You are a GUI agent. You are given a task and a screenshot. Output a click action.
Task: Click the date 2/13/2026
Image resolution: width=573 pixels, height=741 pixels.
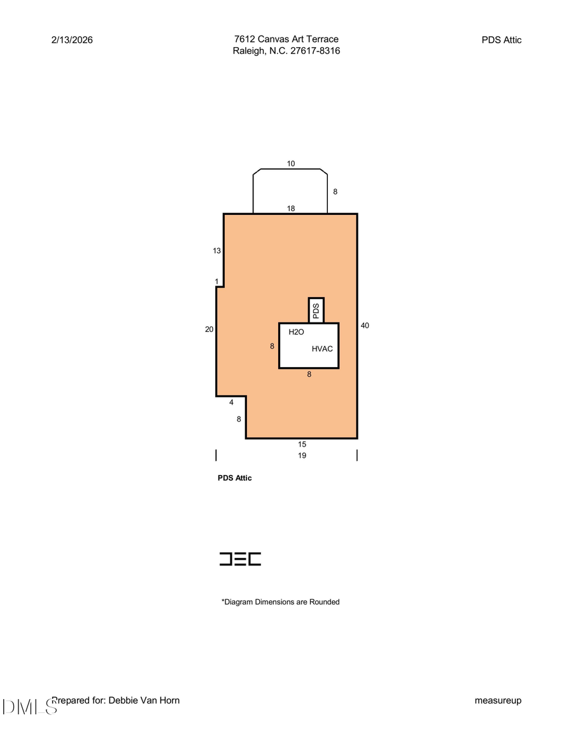click(x=72, y=39)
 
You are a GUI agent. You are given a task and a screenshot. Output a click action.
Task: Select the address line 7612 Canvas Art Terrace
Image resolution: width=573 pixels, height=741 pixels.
click(x=286, y=39)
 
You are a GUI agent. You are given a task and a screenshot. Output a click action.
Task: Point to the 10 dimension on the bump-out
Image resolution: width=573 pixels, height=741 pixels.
click(x=291, y=163)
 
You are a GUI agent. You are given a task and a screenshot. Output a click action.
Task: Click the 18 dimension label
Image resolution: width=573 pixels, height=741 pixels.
click(x=291, y=208)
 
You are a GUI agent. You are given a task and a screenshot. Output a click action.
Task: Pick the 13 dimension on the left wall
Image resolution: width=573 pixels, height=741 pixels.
click(x=217, y=251)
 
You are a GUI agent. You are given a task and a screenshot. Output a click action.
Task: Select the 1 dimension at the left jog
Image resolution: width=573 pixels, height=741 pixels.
click(x=216, y=281)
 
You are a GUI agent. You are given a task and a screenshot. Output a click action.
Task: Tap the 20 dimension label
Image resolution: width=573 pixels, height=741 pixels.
click(x=209, y=329)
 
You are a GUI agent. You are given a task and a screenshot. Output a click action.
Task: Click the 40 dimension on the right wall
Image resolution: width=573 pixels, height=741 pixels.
click(x=365, y=326)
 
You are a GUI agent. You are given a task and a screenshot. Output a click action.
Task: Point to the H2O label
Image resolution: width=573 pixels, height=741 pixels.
click(x=296, y=332)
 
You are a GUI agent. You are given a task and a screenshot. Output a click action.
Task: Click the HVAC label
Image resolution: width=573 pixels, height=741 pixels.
click(x=322, y=349)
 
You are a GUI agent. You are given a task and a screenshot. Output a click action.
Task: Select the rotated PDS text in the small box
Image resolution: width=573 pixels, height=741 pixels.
click(x=316, y=310)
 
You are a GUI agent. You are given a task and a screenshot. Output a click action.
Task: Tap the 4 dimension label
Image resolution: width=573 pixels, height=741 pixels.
click(x=231, y=402)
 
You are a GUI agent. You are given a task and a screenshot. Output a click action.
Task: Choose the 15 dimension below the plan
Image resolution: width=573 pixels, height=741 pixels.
click(x=302, y=444)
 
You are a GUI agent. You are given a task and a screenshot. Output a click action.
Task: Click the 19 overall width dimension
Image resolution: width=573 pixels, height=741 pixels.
click(x=302, y=455)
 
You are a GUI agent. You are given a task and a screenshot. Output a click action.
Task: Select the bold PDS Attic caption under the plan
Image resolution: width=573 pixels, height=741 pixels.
click(x=235, y=478)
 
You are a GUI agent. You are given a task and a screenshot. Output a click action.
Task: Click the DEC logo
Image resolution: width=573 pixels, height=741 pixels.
click(x=240, y=559)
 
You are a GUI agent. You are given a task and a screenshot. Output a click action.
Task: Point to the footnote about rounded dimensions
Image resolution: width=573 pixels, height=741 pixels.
click(x=280, y=602)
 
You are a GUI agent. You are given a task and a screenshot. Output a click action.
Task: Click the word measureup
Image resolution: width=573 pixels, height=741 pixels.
click(x=498, y=700)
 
